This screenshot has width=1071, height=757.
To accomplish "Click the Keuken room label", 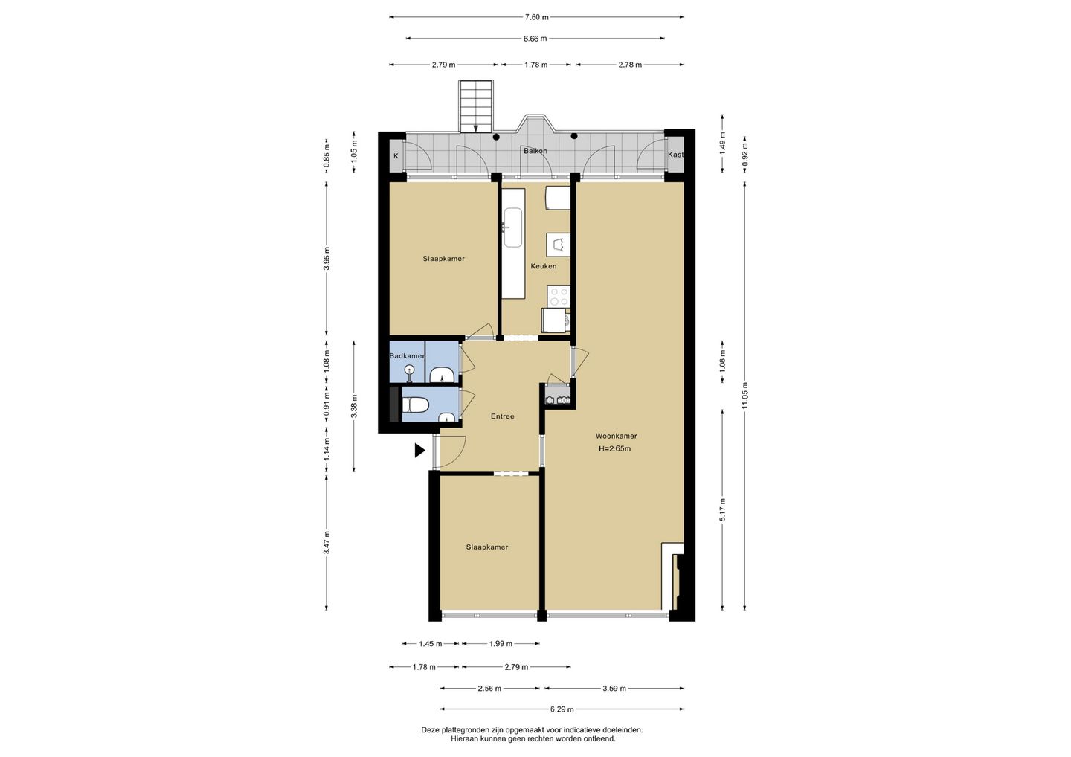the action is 543,266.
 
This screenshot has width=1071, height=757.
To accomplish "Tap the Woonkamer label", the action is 616,436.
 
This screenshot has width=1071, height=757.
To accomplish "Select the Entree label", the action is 503,416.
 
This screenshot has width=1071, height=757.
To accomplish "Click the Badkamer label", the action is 407,356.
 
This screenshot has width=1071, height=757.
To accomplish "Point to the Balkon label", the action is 535,150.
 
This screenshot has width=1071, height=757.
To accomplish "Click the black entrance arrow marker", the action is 419,450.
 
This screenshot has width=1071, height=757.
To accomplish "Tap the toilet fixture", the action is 416,406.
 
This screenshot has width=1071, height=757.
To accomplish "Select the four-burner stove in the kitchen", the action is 559,296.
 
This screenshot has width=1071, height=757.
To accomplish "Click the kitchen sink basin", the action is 512,228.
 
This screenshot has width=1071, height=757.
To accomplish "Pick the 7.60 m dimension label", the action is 536,17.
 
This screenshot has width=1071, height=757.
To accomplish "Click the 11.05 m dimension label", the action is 745,395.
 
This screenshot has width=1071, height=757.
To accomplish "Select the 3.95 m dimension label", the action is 327,259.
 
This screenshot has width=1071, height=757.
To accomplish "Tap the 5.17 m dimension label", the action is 722,509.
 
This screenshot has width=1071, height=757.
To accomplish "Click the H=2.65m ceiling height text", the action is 615,448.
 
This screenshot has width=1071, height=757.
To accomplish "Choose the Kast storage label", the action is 675,155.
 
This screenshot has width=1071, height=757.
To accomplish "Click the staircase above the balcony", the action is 475,106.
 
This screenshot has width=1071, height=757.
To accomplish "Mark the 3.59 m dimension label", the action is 614,689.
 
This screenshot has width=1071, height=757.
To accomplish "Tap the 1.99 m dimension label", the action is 501,644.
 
